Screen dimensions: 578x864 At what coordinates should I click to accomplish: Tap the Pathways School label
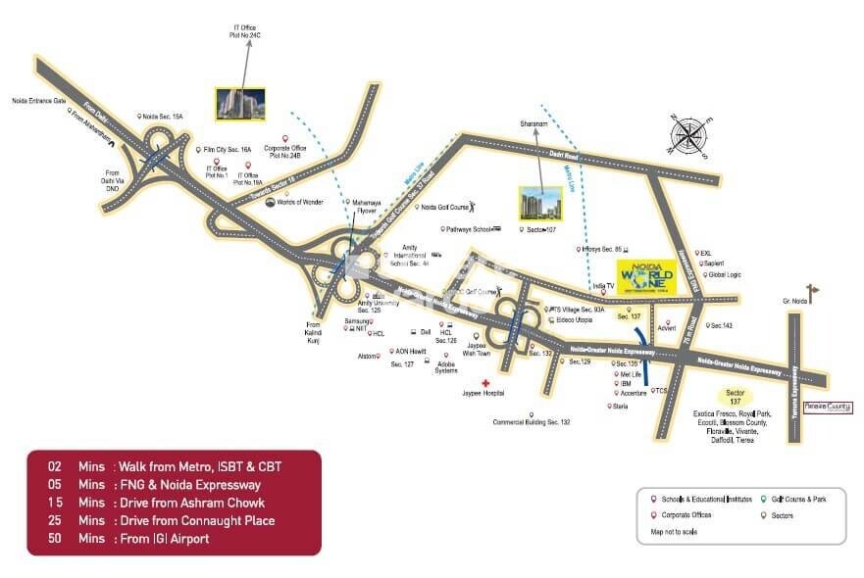click(469, 229)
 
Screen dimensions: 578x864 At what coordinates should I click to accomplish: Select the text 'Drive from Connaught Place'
click(207, 520)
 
